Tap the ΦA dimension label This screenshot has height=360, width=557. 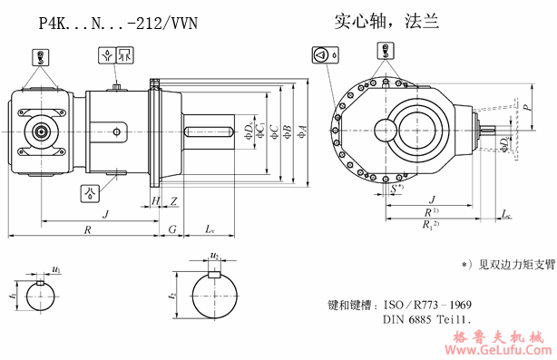pos(302,133)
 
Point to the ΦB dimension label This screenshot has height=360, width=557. pos(287,133)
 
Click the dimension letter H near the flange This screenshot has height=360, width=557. pos(155,199)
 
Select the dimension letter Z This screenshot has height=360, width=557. pos(173,199)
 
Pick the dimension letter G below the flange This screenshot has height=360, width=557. pos(171,230)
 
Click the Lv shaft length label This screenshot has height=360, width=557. pos(210,230)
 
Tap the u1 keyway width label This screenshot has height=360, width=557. pos(56,270)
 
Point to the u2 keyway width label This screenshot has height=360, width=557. pos(214,257)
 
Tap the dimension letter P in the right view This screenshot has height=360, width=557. pos(527,106)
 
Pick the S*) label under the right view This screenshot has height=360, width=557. pos(397,189)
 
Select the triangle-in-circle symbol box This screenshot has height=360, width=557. pos(319,55)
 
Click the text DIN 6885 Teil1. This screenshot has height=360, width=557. pos(426,319)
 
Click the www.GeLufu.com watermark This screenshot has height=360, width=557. pos(494,349)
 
